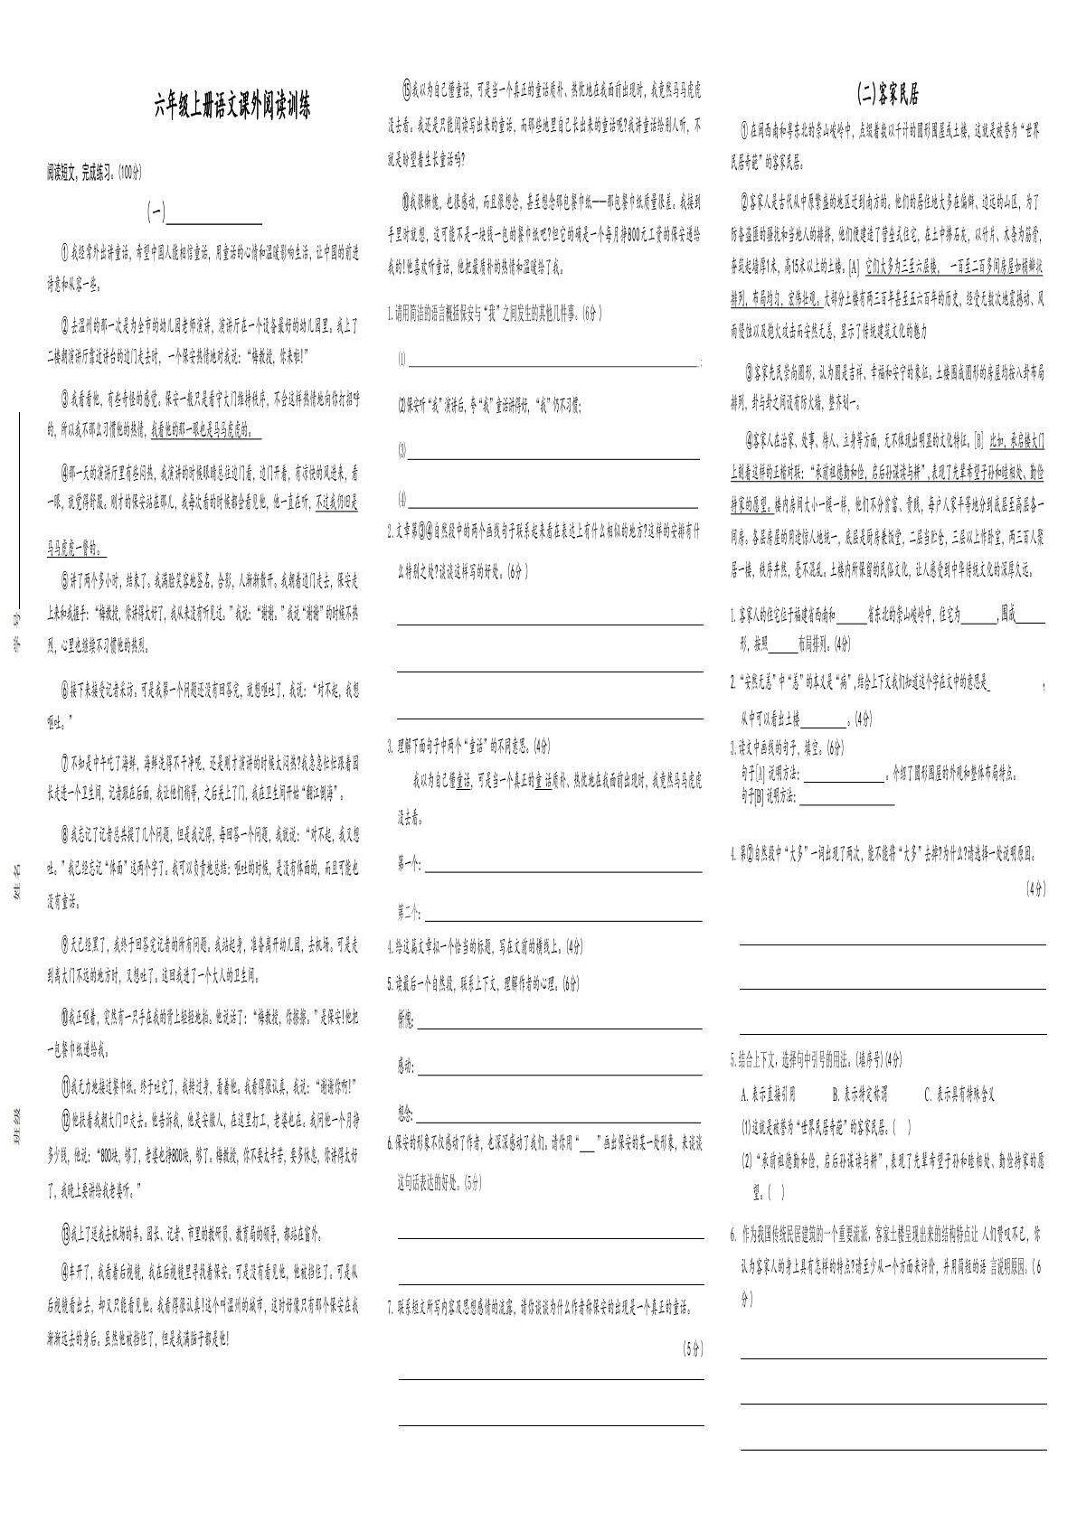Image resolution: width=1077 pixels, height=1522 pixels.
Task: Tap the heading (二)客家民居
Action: click(x=888, y=94)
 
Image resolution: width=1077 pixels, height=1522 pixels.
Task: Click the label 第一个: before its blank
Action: click(x=410, y=865)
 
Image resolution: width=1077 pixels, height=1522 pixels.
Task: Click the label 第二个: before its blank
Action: click(x=410, y=909)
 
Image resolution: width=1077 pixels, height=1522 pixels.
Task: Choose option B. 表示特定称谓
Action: click(x=859, y=1095)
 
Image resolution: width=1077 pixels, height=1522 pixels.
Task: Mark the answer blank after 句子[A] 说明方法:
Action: click(x=845, y=775)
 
